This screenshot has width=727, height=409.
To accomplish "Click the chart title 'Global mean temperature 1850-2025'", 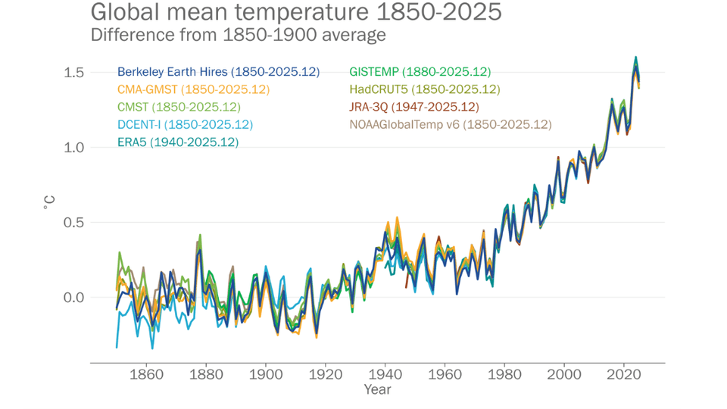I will (x=295, y=13).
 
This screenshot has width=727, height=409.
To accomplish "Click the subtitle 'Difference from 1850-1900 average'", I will (x=238, y=35).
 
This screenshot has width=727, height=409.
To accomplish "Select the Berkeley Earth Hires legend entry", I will (x=218, y=72).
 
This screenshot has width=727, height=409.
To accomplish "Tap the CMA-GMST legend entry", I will (x=193, y=89).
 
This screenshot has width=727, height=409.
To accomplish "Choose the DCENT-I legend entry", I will (x=185, y=124).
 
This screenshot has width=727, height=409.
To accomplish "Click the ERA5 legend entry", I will (x=178, y=142).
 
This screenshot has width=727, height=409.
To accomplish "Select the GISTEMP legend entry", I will (x=420, y=72).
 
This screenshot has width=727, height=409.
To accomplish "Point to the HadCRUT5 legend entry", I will (x=424, y=89).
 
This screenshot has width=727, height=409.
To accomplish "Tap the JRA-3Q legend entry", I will (x=413, y=107).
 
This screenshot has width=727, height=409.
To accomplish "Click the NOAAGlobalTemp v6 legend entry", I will (x=450, y=124).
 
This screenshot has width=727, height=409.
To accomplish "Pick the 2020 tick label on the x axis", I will (x=623, y=374).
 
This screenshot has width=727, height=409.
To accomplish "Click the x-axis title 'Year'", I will (x=377, y=389).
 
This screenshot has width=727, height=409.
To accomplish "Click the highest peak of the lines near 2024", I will (x=635, y=57).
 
